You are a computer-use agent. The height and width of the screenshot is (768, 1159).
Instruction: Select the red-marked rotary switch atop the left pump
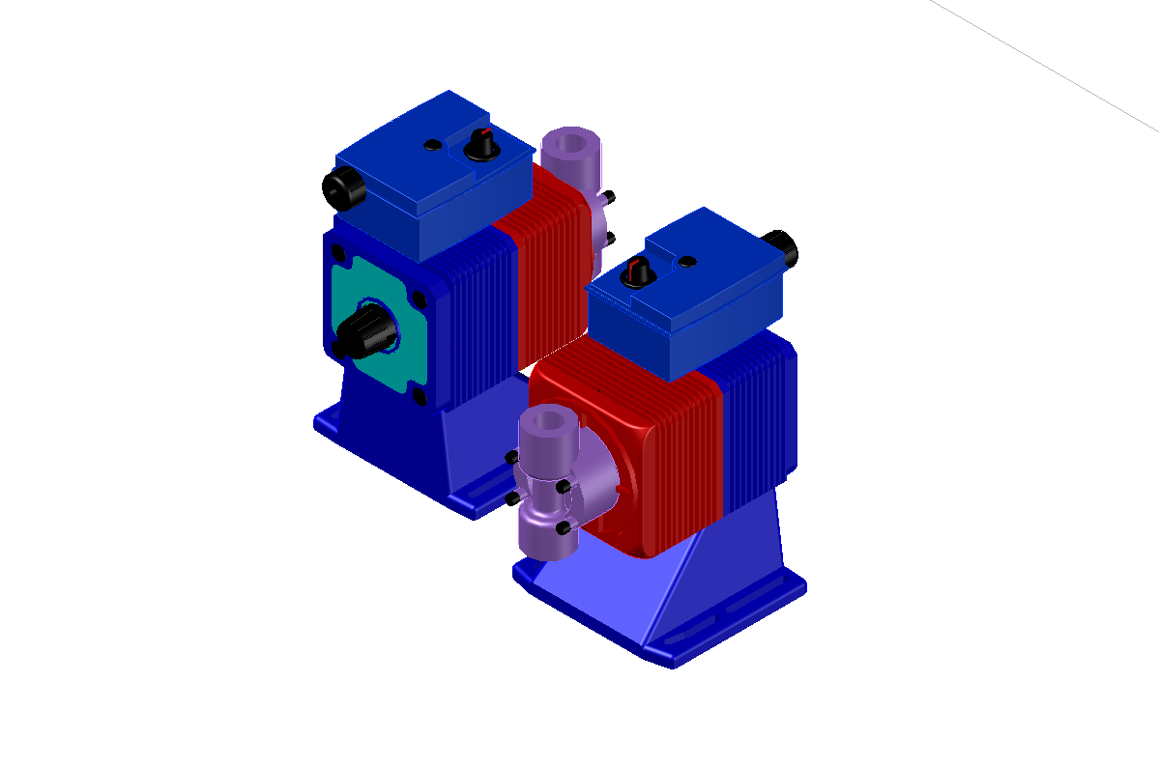tap(478, 144)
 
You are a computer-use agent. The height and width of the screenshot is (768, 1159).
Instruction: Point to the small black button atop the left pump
tap(433, 145)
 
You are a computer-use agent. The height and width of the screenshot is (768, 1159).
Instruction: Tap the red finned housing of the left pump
tap(546, 270)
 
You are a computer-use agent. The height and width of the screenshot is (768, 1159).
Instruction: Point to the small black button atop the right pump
tap(687, 262)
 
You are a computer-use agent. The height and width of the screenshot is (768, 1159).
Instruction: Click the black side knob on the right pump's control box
tap(782, 248)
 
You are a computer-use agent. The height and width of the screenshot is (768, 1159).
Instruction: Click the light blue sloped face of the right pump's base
tap(609, 589)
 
